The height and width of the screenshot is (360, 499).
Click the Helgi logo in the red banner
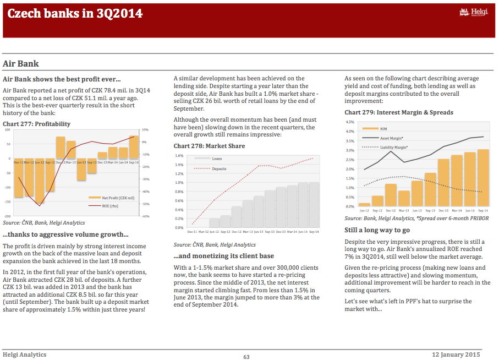coord(474,12)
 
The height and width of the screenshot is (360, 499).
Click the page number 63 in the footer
coord(246,357)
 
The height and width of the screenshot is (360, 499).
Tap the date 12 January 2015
coord(456,354)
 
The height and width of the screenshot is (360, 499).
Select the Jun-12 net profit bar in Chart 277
coord(40,181)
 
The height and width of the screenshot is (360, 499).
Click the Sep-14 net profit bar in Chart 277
coord(134,147)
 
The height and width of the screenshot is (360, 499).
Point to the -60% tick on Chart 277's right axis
coord(145,216)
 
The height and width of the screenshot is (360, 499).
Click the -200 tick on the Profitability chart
coord(7,216)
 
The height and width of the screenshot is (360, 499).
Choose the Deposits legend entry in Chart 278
coord(210,168)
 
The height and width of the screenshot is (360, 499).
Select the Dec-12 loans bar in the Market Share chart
coord(237,217)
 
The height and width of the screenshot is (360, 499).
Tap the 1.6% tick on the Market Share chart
coord(179,155)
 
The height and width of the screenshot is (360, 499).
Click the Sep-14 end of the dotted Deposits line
coord(313,158)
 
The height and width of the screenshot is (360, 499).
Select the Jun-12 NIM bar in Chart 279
coord(364,205)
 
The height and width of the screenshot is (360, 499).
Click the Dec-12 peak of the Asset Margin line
coord(391,151)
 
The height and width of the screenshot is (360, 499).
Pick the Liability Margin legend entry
coord(385,147)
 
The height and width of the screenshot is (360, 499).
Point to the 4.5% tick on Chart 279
coord(350,122)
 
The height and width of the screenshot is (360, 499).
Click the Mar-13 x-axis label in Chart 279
coord(404,210)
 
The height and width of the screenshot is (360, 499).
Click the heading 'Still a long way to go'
coord(377,230)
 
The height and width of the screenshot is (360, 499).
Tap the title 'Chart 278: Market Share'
coord(209,146)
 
